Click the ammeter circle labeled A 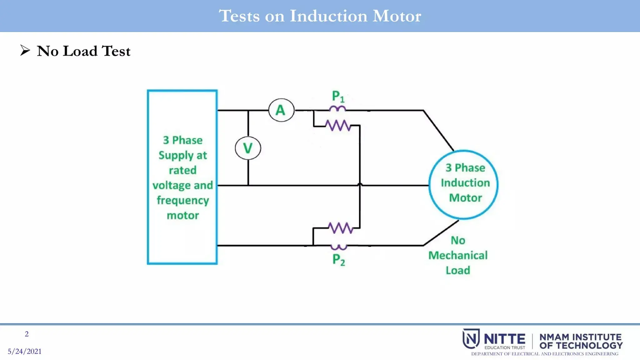(281, 110)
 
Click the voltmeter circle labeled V (248, 148)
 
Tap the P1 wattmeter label (338, 96)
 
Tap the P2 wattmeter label (338, 260)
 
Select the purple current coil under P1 (337, 108)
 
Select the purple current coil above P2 (339, 247)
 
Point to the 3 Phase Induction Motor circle (463, 184)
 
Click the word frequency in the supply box (183, 200)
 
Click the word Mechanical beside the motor (458, 255)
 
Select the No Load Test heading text (83, 51)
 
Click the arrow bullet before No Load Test (25, 50)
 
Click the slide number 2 (27, 334)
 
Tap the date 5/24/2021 (25, 351)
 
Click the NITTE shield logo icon (471, 338)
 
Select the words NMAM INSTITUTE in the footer (580, 337)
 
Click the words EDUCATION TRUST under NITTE (505, 347)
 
